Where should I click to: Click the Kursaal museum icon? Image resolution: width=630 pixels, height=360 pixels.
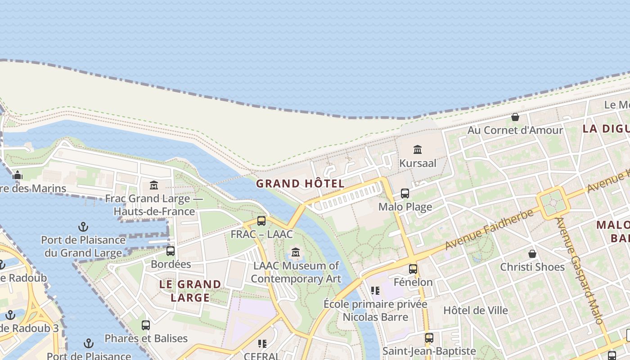point(418,149)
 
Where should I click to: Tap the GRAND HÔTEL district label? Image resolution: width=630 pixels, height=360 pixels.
point(300,184)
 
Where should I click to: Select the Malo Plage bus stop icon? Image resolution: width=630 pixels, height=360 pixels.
point(405,193)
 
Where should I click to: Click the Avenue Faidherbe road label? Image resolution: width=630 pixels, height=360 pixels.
point(490,229)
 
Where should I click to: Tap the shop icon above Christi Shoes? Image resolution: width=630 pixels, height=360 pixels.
point(532,254)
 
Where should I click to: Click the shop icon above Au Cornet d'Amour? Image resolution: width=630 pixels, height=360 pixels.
point(515,117)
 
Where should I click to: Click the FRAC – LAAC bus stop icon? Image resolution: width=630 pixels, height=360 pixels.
point(261,221)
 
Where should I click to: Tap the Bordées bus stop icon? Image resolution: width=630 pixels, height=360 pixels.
point(171,251)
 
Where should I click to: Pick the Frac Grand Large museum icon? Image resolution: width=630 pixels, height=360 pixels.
point(154,185)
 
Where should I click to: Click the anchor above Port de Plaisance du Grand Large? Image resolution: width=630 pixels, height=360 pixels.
point(83,226)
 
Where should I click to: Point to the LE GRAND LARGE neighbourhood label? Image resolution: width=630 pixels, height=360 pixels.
point(190,291)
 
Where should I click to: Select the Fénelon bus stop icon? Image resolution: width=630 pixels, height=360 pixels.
point(413,269)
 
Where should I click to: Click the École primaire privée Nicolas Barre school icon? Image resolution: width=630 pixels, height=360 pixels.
point(375,291)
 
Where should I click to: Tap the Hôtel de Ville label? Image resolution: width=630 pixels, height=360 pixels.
point(476,310)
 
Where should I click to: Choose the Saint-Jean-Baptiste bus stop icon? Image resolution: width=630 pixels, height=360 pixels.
point(429,337)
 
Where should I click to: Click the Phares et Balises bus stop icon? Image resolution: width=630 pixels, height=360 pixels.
point(146,325)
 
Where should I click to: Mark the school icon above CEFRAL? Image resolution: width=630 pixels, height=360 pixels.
point(262,344)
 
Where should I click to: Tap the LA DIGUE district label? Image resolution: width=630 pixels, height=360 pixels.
point(606,129)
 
